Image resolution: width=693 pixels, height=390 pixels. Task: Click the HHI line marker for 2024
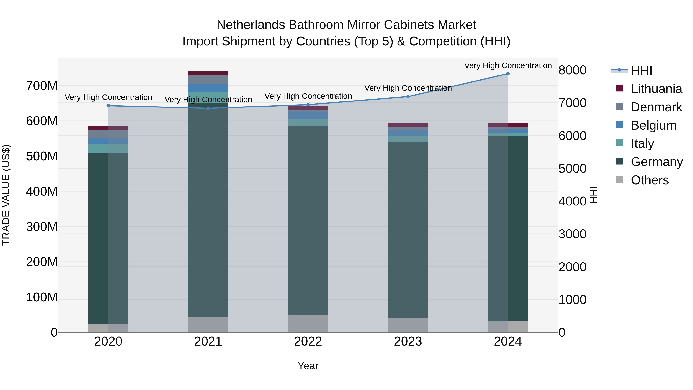pos(508,74)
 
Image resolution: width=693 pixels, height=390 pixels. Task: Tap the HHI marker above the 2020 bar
pos(108,106)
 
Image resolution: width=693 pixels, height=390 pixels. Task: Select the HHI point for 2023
pos(408,97)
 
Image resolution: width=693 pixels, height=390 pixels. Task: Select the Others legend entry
pos(649,180)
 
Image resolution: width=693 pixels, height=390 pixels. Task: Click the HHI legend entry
pos(641,70)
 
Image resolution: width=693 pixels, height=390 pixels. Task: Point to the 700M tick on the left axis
pos(42,86)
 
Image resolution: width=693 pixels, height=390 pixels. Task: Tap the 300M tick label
pos(42,227)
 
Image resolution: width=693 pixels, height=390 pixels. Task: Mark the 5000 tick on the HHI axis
pos(572,169)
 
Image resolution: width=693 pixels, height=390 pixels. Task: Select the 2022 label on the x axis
pos(308,341)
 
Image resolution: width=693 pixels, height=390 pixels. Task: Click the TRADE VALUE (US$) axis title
pos(6,195)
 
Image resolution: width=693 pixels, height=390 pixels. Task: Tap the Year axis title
pos(308,366)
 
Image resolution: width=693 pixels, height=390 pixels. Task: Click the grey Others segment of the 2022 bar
pos(308,323)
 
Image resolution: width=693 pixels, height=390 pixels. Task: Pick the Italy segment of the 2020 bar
pos(108,148)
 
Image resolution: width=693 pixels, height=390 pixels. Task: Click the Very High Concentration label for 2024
pos(508,65)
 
